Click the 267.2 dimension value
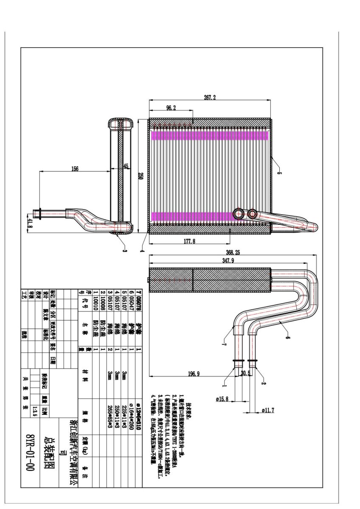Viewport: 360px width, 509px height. pyautogui.click(x=210, y=97)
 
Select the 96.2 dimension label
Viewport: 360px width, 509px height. pyautogui.click(x=171, y=108)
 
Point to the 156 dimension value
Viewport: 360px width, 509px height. pyautogui.click(x=74, y=168)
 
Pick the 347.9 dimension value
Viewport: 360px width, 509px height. pyautogui.click(x=228, y=260)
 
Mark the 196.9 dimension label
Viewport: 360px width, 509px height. pyautogui.click(x=193, y=373)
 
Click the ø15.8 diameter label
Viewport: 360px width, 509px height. pyautogui.click(x=222, y=399)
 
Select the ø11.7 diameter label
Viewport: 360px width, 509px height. pyautogui.click(x=268, y=410)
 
